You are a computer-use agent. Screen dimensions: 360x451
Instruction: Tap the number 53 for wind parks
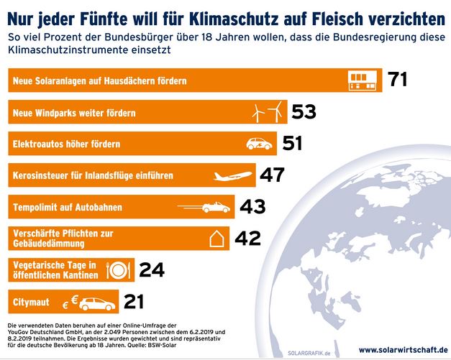pos(304,111)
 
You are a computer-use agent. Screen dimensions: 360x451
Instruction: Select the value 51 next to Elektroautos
pos(292,143)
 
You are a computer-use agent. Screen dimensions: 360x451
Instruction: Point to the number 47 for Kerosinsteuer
pos(272,175)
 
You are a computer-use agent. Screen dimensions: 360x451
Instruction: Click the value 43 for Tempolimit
pos(252,206)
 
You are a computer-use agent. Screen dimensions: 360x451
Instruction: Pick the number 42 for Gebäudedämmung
pos(247,238)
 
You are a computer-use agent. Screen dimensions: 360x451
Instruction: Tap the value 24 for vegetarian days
pos(152,269)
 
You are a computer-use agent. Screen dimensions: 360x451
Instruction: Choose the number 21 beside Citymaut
pos(139,301)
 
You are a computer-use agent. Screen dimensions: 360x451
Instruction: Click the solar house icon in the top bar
pos(363,80)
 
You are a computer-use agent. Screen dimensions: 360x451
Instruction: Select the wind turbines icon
pos(266,111)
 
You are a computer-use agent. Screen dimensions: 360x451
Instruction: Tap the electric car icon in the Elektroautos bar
pos(259,143)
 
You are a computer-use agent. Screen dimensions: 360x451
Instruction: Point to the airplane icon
pos(234,175)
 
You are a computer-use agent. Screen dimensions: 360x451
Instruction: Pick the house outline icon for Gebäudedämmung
pos(217,239)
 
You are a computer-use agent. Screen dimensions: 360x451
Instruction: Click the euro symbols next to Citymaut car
pos(70,302)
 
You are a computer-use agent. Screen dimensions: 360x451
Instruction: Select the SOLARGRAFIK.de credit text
pos(309,352)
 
